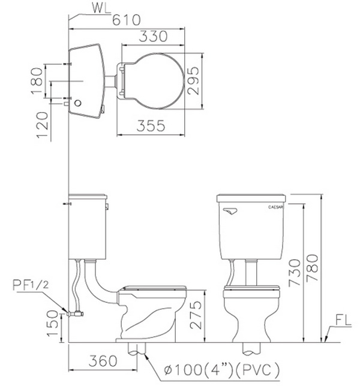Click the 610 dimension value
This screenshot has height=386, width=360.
click(x=127, y=20)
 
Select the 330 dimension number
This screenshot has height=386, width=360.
click(x=153, y=37)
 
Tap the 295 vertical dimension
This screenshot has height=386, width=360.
click(x=193, y=80)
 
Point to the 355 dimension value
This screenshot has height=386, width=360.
click(x=151, y=126)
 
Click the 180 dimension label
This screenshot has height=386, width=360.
click(x=37, y=81)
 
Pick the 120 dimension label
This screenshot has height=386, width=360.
click(x=43, y=125)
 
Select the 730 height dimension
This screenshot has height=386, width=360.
click(x=295, y=273)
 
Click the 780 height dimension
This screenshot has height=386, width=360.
click(x=312, y=268)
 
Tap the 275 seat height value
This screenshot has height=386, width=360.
click(x=196, y=315)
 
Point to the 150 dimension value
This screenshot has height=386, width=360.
click(x=52, y=323)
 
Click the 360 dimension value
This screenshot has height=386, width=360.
click(x=103, y=361)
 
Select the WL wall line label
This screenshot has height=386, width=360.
click(x=101, y=8)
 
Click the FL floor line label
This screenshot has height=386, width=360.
click(x=343, y=320)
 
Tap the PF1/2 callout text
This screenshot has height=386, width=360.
click(x=31, y=285)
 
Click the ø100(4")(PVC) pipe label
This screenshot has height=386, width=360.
click(x=222, y=369)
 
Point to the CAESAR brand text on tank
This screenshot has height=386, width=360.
click(x=275, y=207)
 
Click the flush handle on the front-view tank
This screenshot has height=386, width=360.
click(x=230, y=211)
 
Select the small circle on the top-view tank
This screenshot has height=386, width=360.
click(x=78, y=103)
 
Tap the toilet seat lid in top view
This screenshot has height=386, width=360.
click(x=153, y=81)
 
